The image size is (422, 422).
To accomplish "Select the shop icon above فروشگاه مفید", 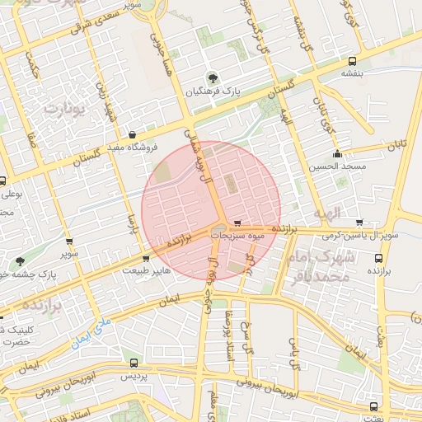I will [133, 134].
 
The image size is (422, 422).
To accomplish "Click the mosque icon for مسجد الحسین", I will [336, 153].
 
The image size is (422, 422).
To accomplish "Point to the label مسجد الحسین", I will [336, 166].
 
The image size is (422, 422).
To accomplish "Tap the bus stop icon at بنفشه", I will [353, 60].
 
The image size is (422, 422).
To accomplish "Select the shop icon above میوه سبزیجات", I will [237, 223].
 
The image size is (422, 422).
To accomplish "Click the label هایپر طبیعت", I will [147, 270].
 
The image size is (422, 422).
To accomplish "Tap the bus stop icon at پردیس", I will [134, 362].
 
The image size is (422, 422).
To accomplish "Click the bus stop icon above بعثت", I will [375, 406].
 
